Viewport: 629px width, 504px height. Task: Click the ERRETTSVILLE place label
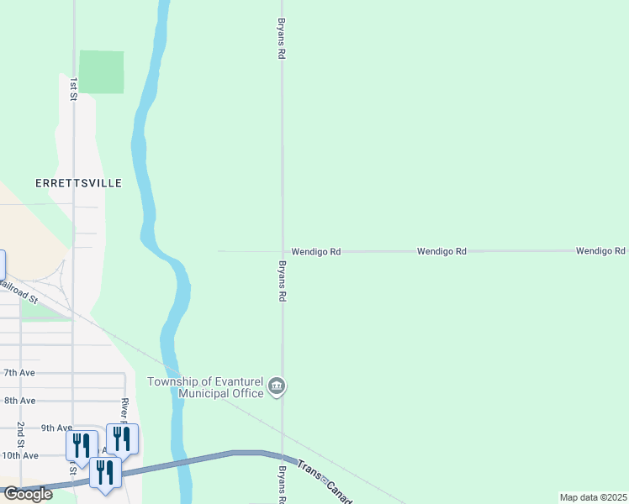tap(78, 183)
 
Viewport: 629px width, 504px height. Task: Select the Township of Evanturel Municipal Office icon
tap(277, 387)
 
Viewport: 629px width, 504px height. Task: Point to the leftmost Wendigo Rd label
tap(315, 251)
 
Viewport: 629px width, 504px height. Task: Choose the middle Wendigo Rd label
tap(441, 251)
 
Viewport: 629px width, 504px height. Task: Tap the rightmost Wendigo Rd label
tap(600, 251)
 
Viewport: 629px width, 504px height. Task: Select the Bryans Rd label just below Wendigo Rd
tap(283, 281)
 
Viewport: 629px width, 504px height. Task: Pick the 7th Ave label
tap(19, 372)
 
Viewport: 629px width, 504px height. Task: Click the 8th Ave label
tap(19, 401)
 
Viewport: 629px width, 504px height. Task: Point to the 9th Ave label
tap(57, 428)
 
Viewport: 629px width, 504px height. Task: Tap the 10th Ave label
tap(19, 455)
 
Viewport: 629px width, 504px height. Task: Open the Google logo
tap(28, 494)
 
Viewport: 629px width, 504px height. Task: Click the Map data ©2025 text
tap(593, 497)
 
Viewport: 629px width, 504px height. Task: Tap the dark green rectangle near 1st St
tap(102, 72)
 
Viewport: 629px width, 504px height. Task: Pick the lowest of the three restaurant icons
tap(105, 472)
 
